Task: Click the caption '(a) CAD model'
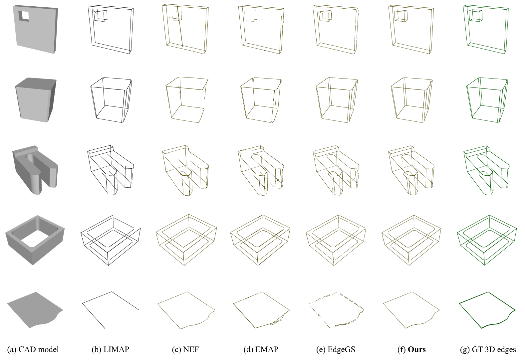coord(33,349)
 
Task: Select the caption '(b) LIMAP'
coord(111,349)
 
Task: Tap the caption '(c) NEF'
coord(185,349)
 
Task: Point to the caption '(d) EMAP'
coord(261,349)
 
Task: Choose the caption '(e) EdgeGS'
coord(336,349)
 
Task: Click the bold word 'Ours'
coord(417,349)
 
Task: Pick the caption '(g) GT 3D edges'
coord(488,349)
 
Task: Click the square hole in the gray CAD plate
coord(24,16)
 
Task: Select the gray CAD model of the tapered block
coord(36,100)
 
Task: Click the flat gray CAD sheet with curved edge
coord(35,310)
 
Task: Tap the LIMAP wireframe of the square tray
coord(111,240)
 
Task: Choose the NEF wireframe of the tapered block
coord(187,100)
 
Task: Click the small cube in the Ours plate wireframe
coord(400,16)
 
